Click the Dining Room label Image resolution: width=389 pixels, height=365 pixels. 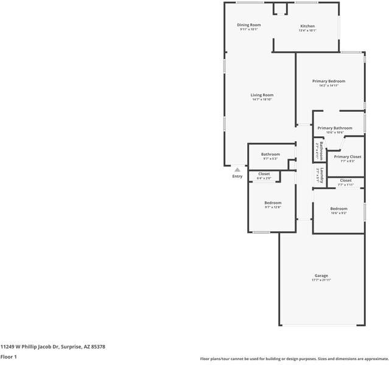point(248,25)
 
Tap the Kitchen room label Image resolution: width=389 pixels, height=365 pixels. point(307,26)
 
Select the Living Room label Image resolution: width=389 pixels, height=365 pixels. point(262,95)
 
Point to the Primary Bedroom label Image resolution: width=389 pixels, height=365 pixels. point(329,81)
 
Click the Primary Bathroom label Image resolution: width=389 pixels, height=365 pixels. point(334,128)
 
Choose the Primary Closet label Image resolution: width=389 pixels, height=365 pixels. point(347,156)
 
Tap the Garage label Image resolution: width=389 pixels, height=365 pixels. point(321,276)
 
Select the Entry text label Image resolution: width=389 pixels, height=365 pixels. point(237,176)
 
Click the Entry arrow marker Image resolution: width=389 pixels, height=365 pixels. point(237,170)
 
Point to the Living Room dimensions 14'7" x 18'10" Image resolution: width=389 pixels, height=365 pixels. point(262,100)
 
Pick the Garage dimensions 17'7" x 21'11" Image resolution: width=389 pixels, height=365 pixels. point(321,280)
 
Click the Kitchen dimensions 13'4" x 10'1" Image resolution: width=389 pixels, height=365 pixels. point(307,31)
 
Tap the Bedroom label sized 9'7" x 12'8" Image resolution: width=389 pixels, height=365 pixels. point(273,203)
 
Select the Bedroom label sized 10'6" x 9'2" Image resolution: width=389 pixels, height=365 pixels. point(339,209)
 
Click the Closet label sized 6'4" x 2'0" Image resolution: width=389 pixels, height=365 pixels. point(264,174)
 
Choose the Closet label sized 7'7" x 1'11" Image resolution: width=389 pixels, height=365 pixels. point(346,180)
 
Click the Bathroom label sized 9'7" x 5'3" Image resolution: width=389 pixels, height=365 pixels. point(270,154)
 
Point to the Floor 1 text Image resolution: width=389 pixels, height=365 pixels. point(9,357)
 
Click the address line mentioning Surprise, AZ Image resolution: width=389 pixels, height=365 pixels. point(53,347)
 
